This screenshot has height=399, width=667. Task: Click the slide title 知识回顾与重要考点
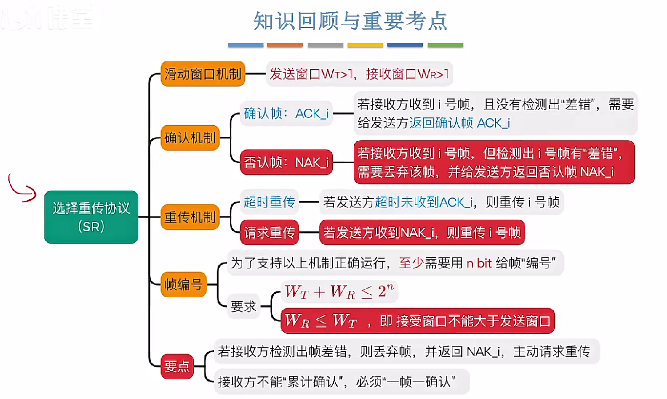350,21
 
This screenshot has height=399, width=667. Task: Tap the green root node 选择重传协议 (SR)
91,217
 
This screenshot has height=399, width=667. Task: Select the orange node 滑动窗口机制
202,74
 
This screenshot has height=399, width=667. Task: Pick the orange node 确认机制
190,137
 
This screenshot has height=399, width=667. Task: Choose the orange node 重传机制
190,217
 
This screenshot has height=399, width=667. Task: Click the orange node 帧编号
183,285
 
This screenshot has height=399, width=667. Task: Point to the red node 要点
177,366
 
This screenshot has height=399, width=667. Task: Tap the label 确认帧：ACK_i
286,114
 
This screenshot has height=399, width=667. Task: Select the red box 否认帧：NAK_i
286,162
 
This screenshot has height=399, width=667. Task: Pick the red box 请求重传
269,233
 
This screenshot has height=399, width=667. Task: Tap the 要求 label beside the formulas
243,307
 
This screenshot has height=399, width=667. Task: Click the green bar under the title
445,45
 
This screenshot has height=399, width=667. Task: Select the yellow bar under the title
365,45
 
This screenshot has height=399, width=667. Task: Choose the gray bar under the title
325,45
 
